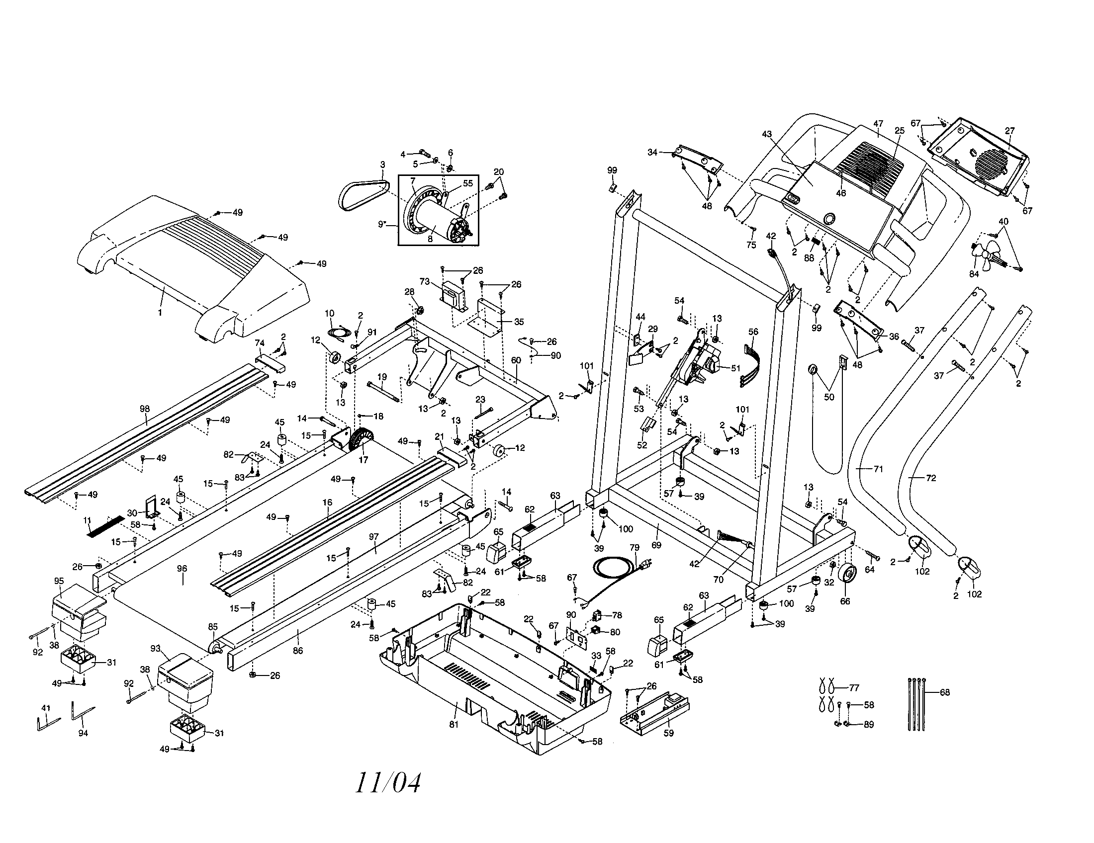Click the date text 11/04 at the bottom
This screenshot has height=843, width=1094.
[x=388, y=783]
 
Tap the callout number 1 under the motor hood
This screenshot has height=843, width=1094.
[x=160, y=312]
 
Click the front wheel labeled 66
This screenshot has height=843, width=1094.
[x=845, y=575]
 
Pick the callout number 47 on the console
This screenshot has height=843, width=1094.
[x=878, y=124]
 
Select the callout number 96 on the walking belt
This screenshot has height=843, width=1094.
[x=182, y=569]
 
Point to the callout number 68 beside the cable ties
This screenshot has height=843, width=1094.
[x=944, y=692]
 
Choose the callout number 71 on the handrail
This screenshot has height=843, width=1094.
[x=878, y=469]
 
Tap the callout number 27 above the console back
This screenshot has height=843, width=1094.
[x=1009, y=131]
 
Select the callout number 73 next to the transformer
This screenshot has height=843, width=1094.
[x=425, y=282]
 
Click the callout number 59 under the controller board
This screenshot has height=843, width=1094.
[x=668, y=733]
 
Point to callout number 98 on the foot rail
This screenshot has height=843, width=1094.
[x=145, y=409]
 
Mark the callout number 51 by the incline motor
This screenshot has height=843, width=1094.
[x=735, y=368]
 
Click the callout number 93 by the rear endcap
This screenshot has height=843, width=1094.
[x=155, y=649]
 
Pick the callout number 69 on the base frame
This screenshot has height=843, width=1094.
[x=656, y=545]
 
